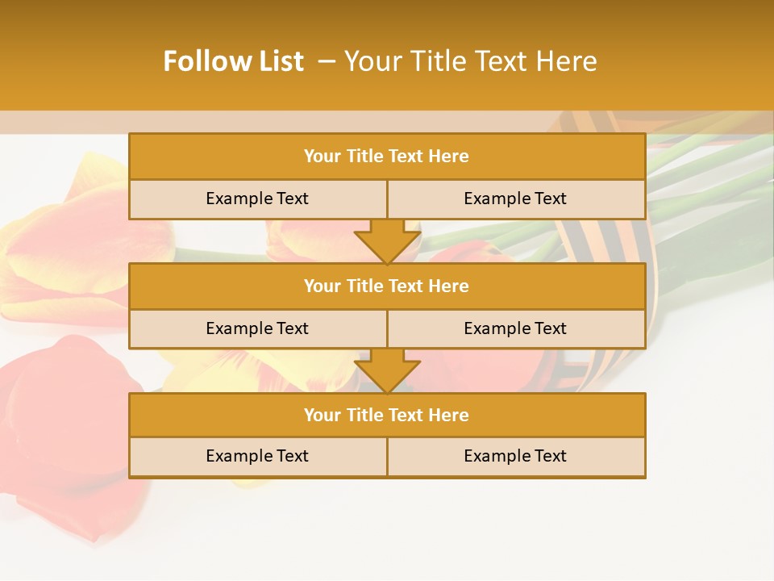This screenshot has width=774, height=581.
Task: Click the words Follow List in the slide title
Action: tap(233, 61)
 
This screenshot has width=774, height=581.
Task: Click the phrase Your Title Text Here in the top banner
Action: tap(471, 61)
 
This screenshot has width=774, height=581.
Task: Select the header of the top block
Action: tap(387, 157)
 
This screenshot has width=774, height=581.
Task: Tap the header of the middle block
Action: tap(387, 286)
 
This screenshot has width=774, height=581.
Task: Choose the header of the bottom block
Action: tap(387, 415)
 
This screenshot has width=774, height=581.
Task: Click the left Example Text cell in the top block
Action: tap(257, 199)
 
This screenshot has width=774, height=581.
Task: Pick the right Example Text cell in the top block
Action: tap(515, 199)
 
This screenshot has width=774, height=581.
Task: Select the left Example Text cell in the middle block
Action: tap(257, 328)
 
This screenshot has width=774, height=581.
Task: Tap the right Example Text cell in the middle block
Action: tap(515, 328)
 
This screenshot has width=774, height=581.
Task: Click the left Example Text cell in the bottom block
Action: tap(257, 456)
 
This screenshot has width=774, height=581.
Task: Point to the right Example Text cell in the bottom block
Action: tap(515, 456)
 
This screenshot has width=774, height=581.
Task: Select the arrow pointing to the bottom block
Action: tap(387, 370)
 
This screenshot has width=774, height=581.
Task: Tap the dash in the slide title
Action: tap(327, 61)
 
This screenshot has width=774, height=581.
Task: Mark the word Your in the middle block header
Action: tap(322, 286)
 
